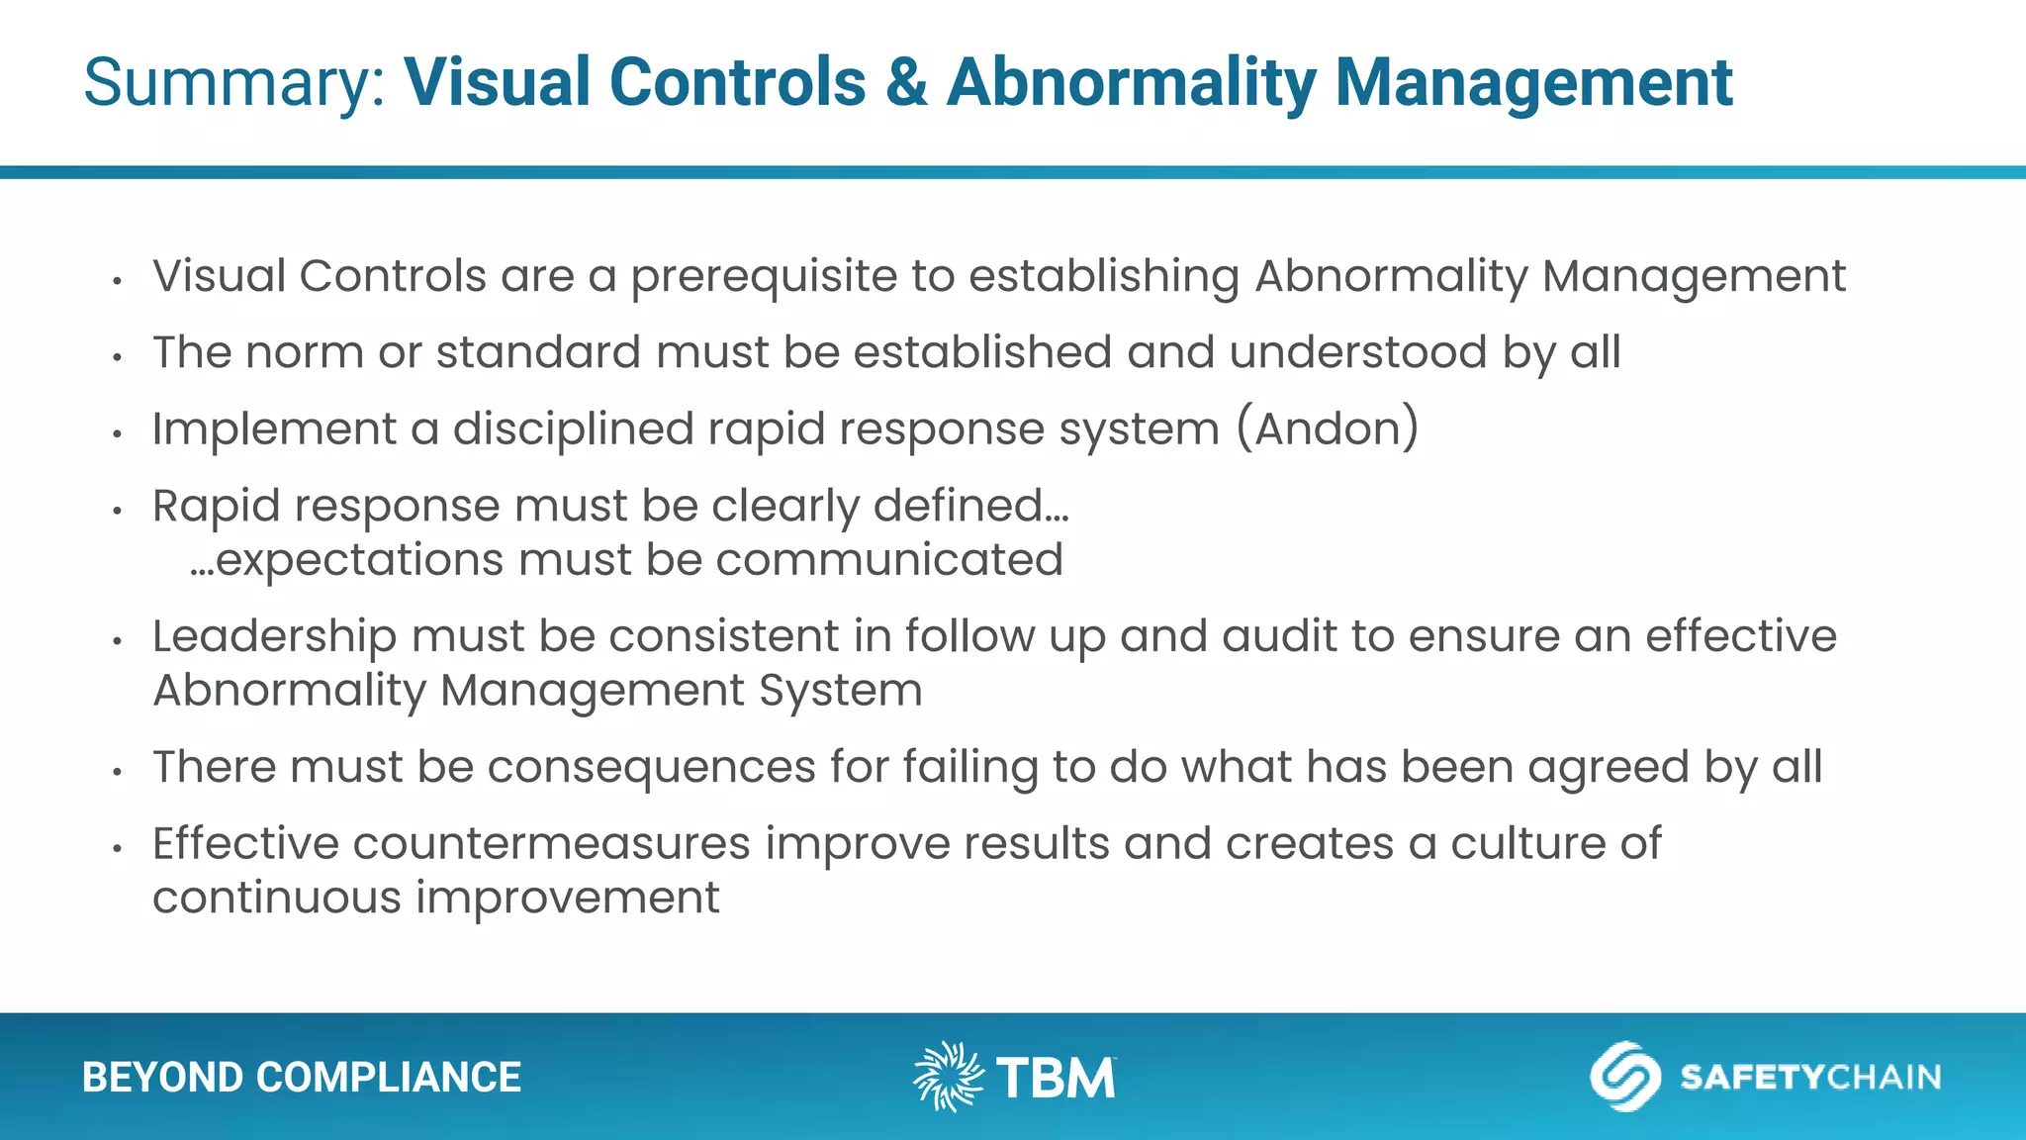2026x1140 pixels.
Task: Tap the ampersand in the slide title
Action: [x=906, y=83]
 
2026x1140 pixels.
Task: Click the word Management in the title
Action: [x=1532, y=83]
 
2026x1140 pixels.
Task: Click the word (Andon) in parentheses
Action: [x=1328, y=429]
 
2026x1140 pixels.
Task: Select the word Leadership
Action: [x=274, y=637]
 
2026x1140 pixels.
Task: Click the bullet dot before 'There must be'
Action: [x=117, y=772]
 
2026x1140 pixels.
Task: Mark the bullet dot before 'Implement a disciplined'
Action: [x=117, y=433]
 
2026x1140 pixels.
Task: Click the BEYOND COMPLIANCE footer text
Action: [x=302, y=1078]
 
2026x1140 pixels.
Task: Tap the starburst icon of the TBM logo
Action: [x=948, y=1077]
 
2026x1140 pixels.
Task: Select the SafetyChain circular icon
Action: [x=1623, y=1077]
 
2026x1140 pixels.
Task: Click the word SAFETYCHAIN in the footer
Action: [x=1809, y=1077]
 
